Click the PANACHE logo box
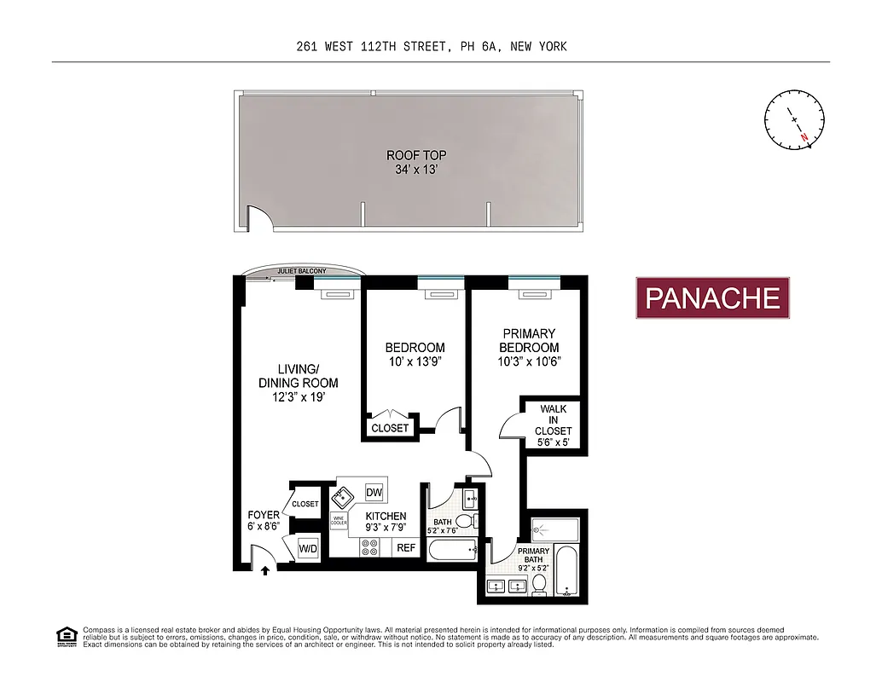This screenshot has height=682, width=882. point(713,298)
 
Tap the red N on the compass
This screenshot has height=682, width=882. point(804,136)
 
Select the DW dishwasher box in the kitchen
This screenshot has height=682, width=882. point(374,493)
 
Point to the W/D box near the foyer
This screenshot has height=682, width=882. point(308,548)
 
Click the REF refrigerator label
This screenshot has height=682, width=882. point(406,548)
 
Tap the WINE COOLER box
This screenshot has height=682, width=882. point(339,520)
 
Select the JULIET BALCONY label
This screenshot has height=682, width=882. point(300,272)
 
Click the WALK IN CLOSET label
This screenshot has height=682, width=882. point(553,420)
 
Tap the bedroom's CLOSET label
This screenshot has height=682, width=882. point(391,428)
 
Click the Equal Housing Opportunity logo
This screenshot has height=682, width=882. point(65,635)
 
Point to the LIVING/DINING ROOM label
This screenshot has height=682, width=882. point(299,376)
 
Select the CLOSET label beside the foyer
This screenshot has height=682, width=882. point(305,504)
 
